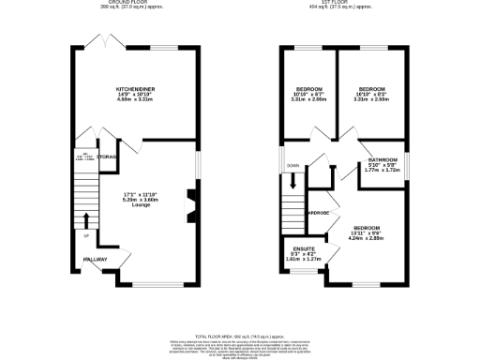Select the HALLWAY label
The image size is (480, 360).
pyautogui.click(x=95, y=260)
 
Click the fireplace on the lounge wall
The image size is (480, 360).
pyautogui.click(x=191, y=207)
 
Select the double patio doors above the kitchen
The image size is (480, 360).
pyautogui.click(x=99, y=43)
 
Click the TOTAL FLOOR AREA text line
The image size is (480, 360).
pyautogui.click(x=239, y=336)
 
